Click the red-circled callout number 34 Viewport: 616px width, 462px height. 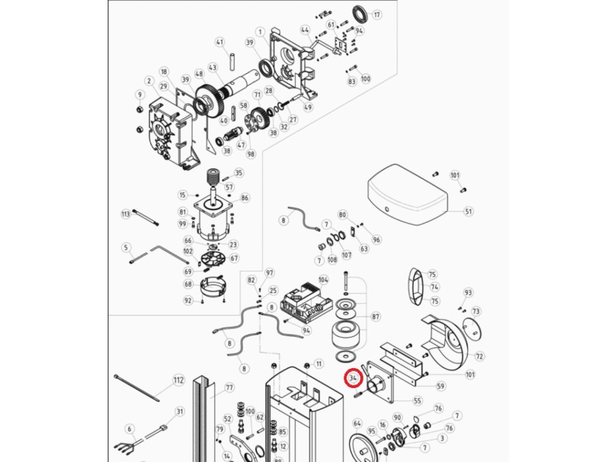pos(353,378)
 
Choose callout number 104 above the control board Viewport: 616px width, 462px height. pos(324,280)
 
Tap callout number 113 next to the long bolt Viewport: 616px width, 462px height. pos(126,214)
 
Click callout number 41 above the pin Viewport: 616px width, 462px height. pos(220,42)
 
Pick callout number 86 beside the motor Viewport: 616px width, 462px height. pos(244,198)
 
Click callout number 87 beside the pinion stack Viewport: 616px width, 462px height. pos(376,316)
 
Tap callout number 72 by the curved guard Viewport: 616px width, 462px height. pos(479,357)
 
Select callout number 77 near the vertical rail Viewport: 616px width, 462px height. pos(229,387)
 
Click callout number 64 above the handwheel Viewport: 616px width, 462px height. pos(357,423)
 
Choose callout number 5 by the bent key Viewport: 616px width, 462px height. pos(126,247)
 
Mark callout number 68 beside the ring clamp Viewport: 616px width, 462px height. pos(188,284)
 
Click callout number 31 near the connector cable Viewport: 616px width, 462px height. pos(180,411)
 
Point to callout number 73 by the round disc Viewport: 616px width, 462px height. pos(476,311)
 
